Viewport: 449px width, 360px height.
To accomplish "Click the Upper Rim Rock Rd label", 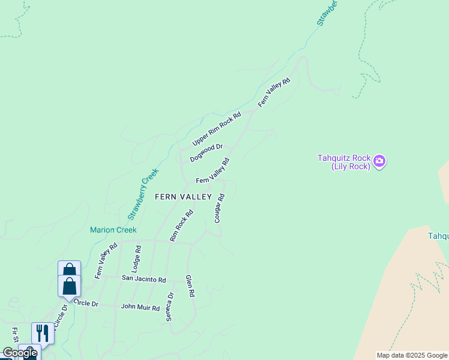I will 217,128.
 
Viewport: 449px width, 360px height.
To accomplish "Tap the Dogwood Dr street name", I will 206,153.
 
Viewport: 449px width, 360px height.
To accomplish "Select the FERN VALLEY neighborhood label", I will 183,197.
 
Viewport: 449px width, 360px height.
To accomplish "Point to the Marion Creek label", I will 113,230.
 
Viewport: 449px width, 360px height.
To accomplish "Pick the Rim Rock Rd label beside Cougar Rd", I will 181,226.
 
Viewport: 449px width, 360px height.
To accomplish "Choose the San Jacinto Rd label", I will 143,279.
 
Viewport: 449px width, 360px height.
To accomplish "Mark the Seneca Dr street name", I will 170,306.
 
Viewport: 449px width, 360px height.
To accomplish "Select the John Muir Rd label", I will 140,308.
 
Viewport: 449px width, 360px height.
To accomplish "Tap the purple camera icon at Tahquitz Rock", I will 379,161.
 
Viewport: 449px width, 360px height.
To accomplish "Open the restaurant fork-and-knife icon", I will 43,333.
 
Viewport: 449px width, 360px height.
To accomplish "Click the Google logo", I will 20,353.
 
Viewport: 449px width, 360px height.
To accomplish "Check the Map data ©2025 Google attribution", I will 412,355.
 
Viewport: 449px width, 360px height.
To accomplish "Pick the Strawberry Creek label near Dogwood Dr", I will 143,193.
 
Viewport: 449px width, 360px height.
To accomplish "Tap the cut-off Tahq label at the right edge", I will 438,236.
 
